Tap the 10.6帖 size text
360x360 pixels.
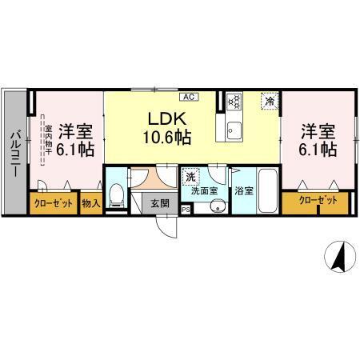[166, 137]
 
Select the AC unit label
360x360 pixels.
[188, 97]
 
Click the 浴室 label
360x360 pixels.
[243, 191]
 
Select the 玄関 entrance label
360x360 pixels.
[160, 203]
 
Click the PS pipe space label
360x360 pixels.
[186, 210]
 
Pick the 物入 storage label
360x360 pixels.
[90, 203]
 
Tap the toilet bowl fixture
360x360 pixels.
[117, 194]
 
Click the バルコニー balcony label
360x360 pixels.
[14, 152]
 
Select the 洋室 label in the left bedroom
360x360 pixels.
[76, 129]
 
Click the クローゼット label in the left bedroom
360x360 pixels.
[54, 203]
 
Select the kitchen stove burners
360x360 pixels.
[234, 102]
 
